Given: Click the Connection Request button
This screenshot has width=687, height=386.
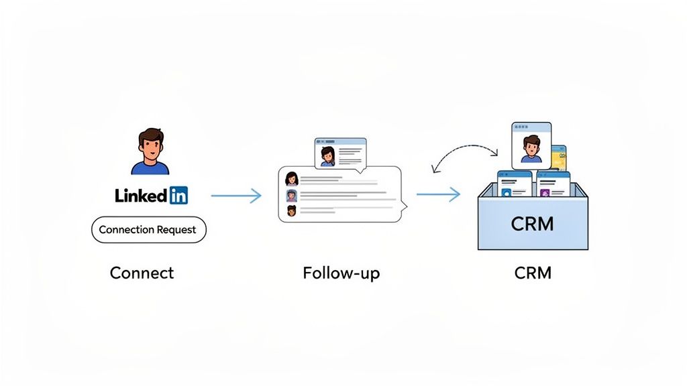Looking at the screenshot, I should (x=148, y=230).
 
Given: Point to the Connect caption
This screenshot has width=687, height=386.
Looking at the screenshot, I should (x=142, y=273).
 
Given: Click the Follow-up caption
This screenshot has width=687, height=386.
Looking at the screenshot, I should (x=341, y=273).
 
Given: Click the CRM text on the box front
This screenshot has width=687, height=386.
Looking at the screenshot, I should (x=532, y=223).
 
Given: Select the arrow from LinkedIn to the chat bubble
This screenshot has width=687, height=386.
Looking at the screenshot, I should (x=235, y=196).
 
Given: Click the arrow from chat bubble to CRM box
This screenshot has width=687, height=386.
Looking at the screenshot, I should (x=438, y=195).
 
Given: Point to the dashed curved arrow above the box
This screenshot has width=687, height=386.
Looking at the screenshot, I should (x=463, y=149).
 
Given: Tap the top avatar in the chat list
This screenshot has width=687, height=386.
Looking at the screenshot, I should (x=292, y=178).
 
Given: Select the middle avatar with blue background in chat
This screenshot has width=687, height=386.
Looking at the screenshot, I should (x=292, y=196).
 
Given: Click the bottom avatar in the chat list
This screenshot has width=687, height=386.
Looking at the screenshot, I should (x=292, y=212).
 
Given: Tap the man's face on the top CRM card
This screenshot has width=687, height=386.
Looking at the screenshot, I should (x=531, y=147).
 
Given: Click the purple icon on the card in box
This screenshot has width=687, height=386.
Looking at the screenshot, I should (x=545, y=192).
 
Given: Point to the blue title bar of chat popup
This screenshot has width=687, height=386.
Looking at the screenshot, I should (x=341, y=141).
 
